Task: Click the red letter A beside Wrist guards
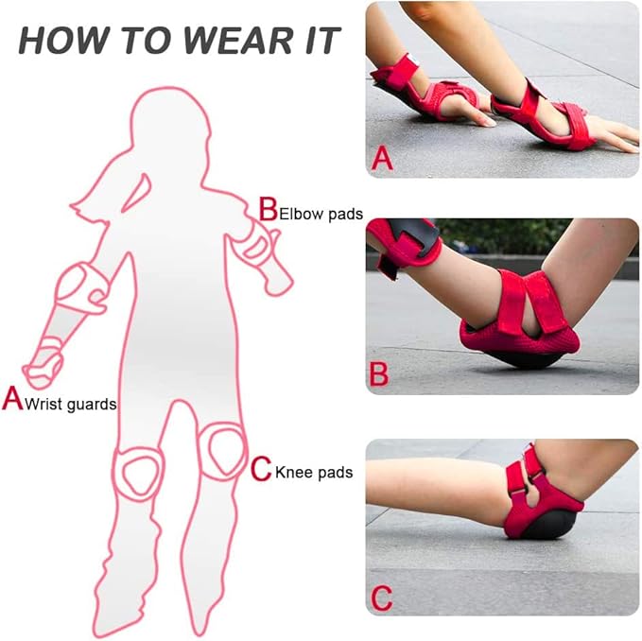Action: point(12,399)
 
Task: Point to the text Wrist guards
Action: point(71,405)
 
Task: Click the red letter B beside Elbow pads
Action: point(269,209)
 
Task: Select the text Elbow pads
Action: point(321,214)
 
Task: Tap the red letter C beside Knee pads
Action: point(261,469)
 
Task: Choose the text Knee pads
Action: point(314,473)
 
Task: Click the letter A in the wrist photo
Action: point(382,159)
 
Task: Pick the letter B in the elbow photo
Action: point(379,374)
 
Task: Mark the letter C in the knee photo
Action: point(381,598)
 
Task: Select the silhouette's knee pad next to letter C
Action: point(225,450)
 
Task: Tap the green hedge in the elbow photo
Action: point(504,235)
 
